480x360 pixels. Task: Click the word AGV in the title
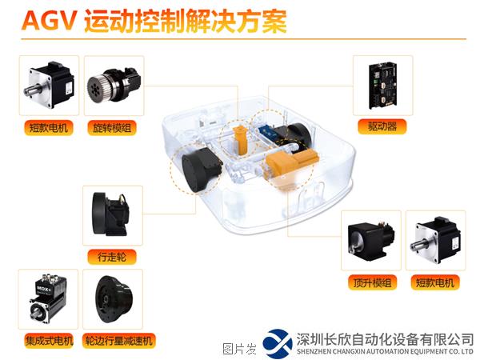point(49,21)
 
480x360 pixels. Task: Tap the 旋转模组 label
point(112,128)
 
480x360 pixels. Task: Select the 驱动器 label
point(382,126)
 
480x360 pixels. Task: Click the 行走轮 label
point(112,257)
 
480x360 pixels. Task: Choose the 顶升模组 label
point(372,282)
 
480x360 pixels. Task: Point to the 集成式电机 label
point(49,341)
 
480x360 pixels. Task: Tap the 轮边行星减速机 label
point(118,341)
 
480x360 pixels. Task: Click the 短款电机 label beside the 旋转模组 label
point(48,128)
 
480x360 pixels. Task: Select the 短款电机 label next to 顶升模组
point(435,282)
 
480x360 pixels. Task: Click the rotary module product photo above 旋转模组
point(114,85)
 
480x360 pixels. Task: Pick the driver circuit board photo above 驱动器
point(383,86)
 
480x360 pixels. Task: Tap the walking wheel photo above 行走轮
point(111,214)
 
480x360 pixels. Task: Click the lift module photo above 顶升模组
point(371,238)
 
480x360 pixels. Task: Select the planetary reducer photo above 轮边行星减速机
point(114,299)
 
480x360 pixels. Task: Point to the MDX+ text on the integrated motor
point(44,288)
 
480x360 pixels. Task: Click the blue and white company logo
point(278,343)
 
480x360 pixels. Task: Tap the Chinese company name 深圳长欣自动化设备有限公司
point(385,339)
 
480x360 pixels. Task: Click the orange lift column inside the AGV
point(241,140)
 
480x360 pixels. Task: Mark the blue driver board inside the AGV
point(267,132)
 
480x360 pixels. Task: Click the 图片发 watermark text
point(239,349)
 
